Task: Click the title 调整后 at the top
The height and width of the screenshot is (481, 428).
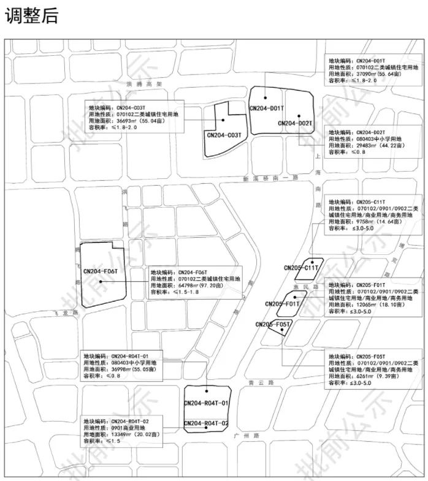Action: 31,15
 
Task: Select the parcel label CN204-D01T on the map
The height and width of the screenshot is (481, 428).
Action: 267,108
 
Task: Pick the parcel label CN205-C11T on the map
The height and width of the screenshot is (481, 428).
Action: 301,268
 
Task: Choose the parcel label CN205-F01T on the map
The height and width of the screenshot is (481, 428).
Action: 283,304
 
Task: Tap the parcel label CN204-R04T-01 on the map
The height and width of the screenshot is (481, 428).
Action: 207,403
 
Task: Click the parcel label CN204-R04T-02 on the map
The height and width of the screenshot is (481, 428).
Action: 207,423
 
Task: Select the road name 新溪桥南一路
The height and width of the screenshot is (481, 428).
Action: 270,178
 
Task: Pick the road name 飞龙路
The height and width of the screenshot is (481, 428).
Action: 68,312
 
